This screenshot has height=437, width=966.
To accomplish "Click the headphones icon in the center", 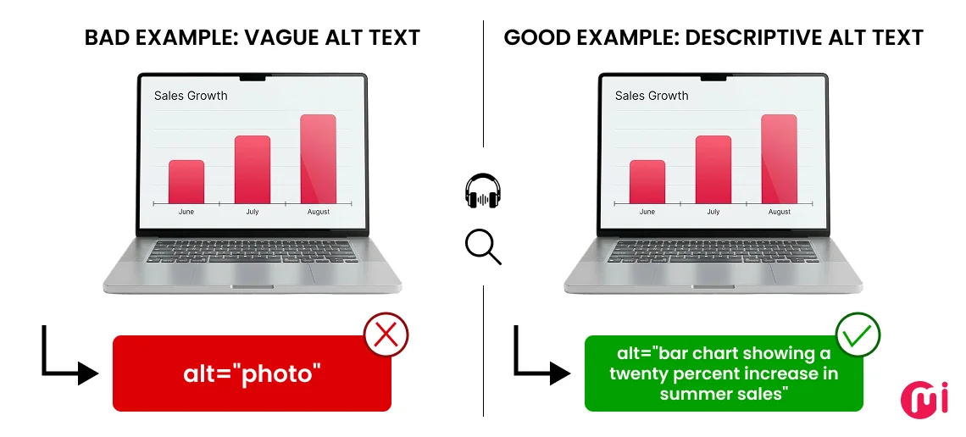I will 483,191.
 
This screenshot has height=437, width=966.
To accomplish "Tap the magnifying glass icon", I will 482,246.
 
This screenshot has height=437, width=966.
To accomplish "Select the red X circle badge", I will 386,335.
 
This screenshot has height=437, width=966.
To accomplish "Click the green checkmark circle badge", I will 858,335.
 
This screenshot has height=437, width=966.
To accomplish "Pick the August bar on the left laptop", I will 318,159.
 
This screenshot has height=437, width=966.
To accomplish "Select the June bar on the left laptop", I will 186,182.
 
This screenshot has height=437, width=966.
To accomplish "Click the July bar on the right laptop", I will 713,169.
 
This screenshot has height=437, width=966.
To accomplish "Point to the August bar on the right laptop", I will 779,159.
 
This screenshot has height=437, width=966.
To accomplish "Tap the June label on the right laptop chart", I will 647,212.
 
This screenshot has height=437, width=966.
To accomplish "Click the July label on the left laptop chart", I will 253,212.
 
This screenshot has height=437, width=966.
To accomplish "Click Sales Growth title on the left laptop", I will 191,96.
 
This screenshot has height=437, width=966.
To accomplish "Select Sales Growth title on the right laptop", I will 652,96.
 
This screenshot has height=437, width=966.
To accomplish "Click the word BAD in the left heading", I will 106,38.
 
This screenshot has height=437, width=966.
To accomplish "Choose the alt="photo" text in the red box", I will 253,374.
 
